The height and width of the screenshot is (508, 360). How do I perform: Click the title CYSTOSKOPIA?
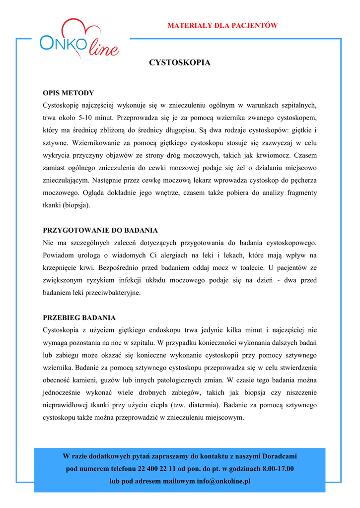(x=180, y=63)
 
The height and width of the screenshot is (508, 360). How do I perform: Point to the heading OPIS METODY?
(x=68, y=93)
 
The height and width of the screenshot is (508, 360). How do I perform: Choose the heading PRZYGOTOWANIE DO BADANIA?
(x=100, y=230)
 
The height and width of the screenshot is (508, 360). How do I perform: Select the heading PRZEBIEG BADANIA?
(x=79, y=317)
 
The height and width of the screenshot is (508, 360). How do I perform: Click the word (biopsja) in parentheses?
(x=76, y=205)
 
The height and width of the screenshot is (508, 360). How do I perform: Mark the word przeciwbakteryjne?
(x=115, y=293)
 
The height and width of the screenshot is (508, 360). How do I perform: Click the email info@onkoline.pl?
(x=223, y=482)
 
